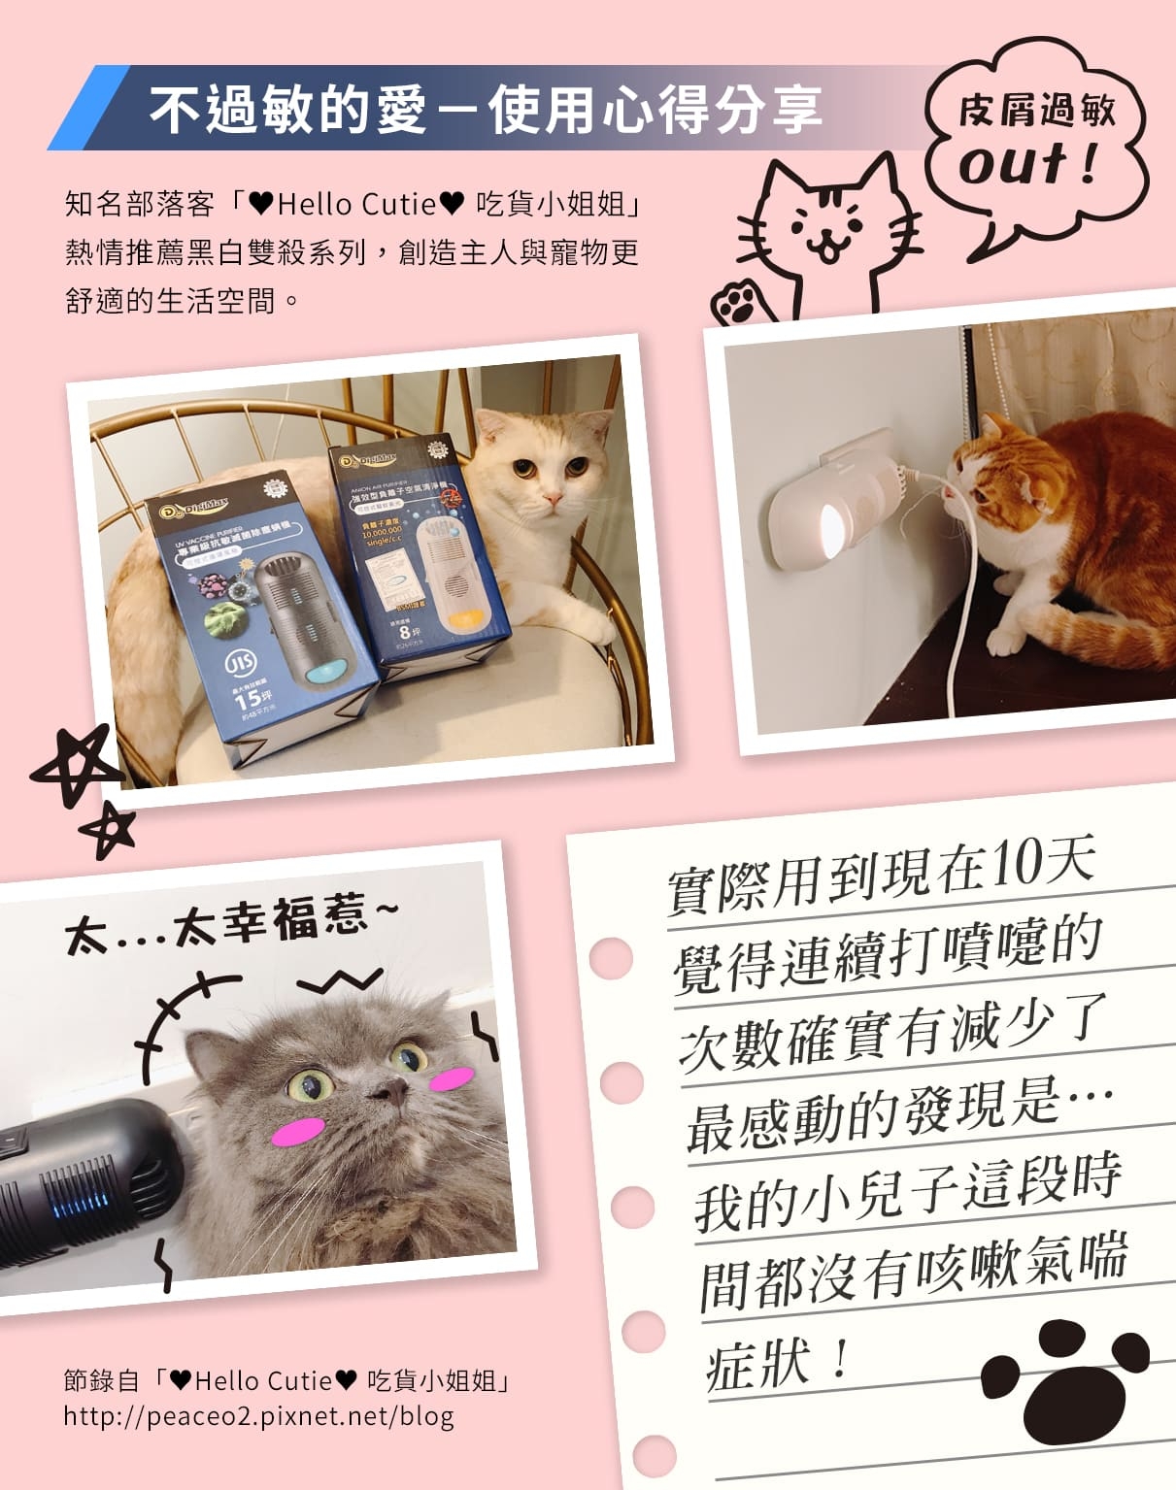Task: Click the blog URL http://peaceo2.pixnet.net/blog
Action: pos(258,1416)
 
